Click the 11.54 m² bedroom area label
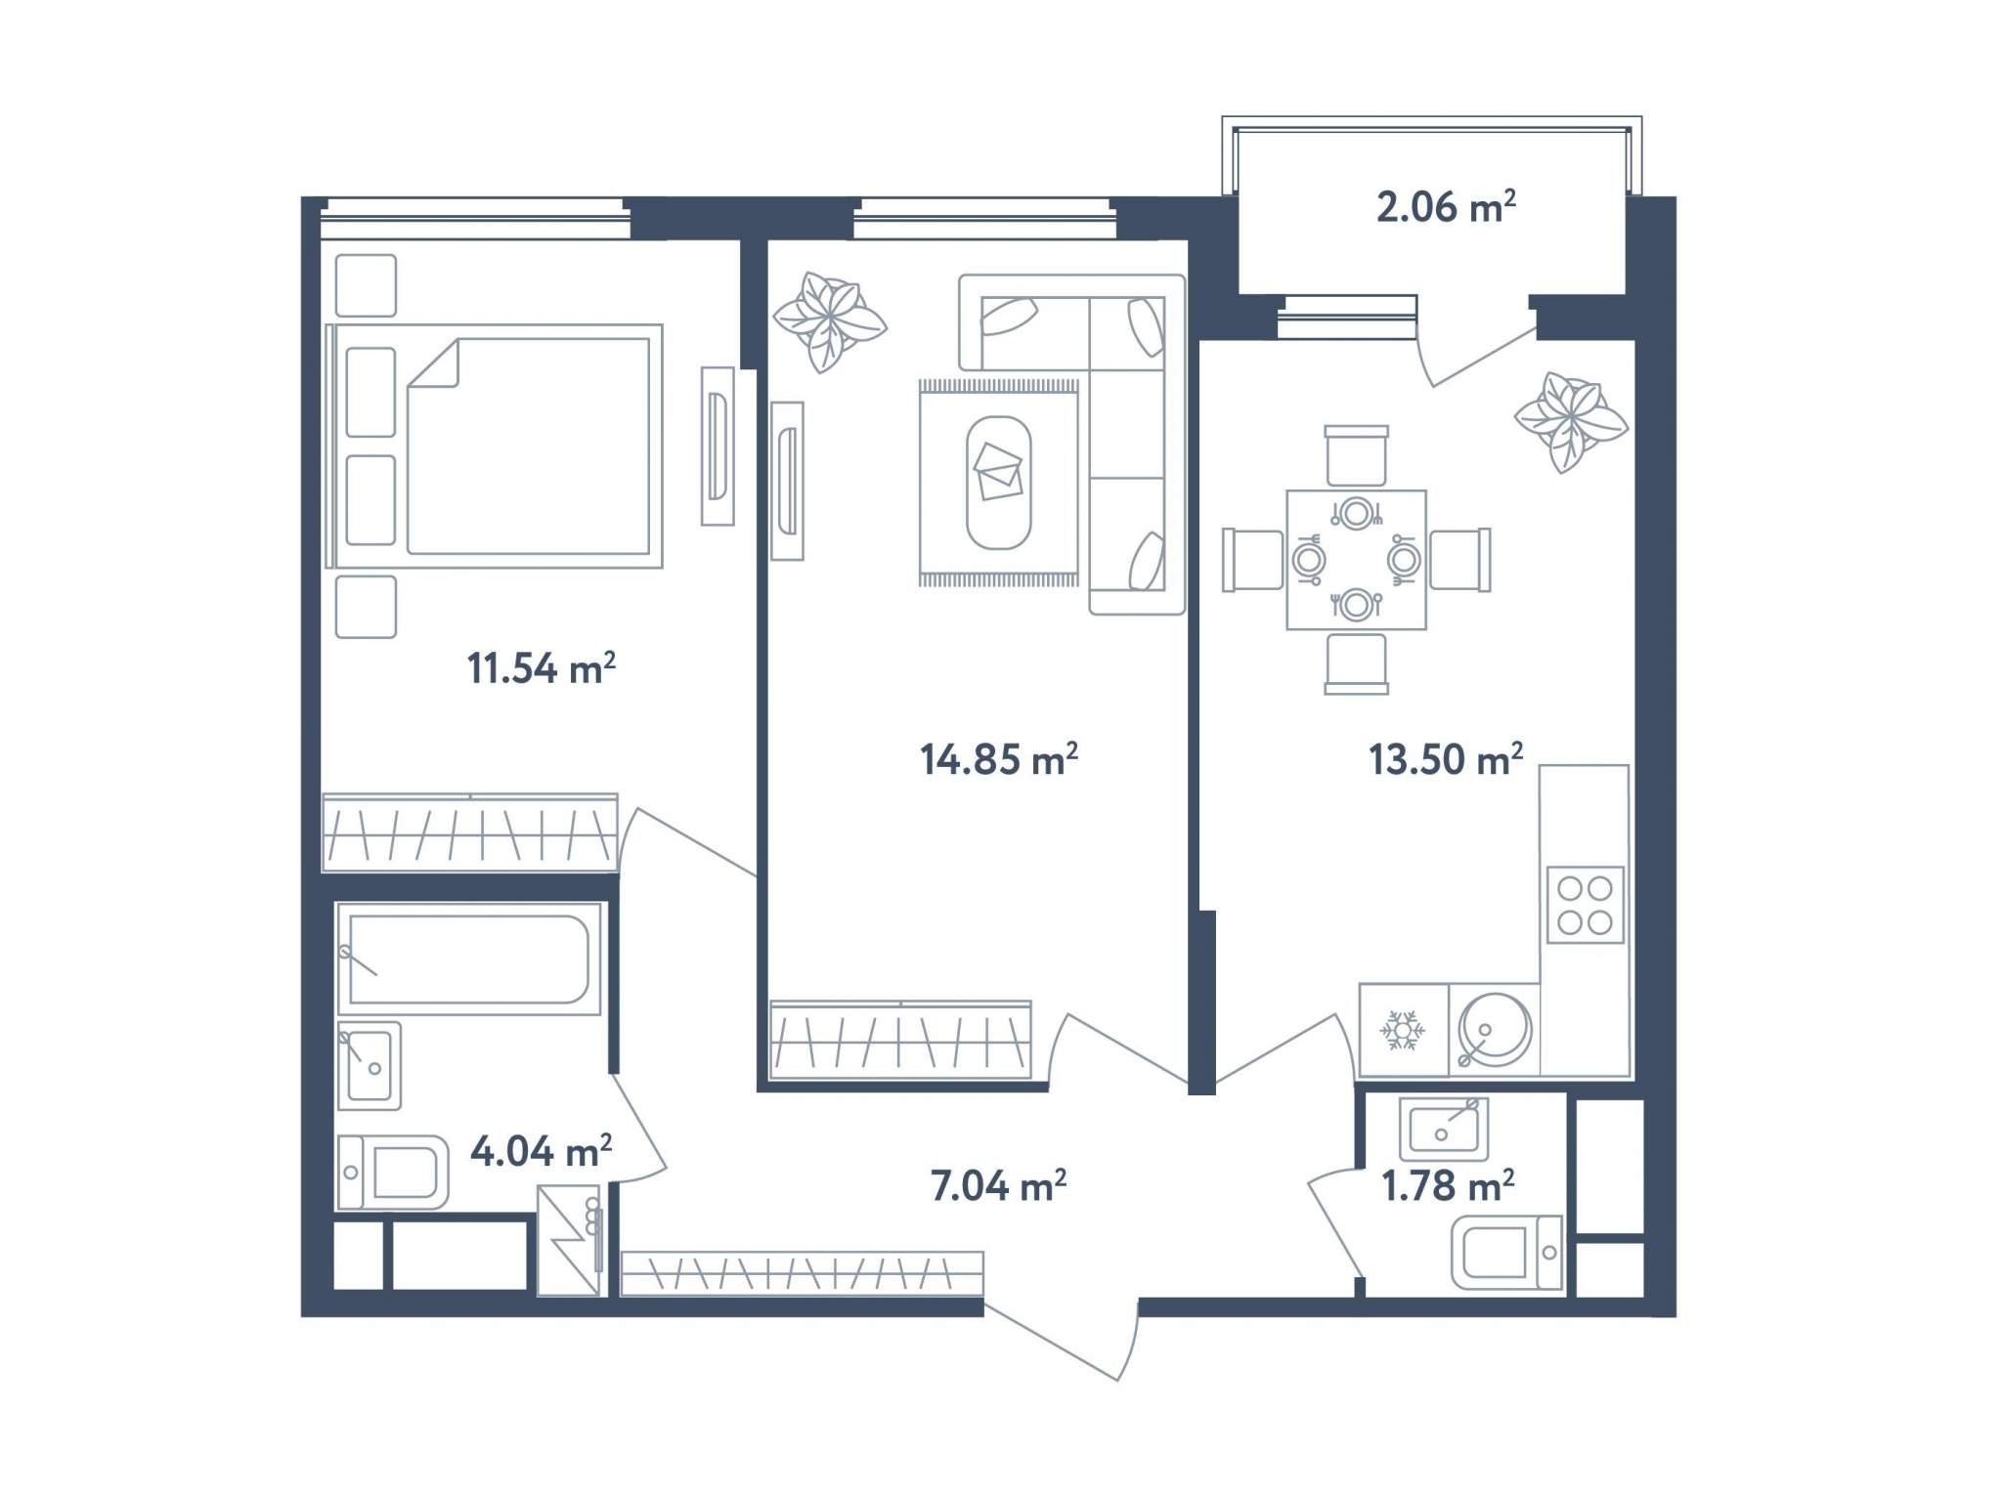coord(541,668)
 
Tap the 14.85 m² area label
coord(998,759)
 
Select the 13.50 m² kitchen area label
coord(1445,759)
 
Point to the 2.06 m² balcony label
coord(1446,207)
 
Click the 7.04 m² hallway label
coord(998,1185)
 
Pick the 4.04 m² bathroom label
coord(541,1151)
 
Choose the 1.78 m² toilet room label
coord(1448,1185)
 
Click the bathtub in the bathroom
coord(468,959)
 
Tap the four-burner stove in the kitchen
coord(1585,905)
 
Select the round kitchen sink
coord(1494,1030)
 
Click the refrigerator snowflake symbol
coord(1403,1031)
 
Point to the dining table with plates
coord(1356,560)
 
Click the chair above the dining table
coord(1356,455)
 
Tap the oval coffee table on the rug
coord(998,483)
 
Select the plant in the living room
coord(829,321)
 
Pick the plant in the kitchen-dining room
coord(1571,422)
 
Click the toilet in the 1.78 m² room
coord(1506,1253)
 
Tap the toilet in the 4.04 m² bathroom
coord(392,1173)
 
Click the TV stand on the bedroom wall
coord(718,447)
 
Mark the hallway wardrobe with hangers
coord(802,1273)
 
